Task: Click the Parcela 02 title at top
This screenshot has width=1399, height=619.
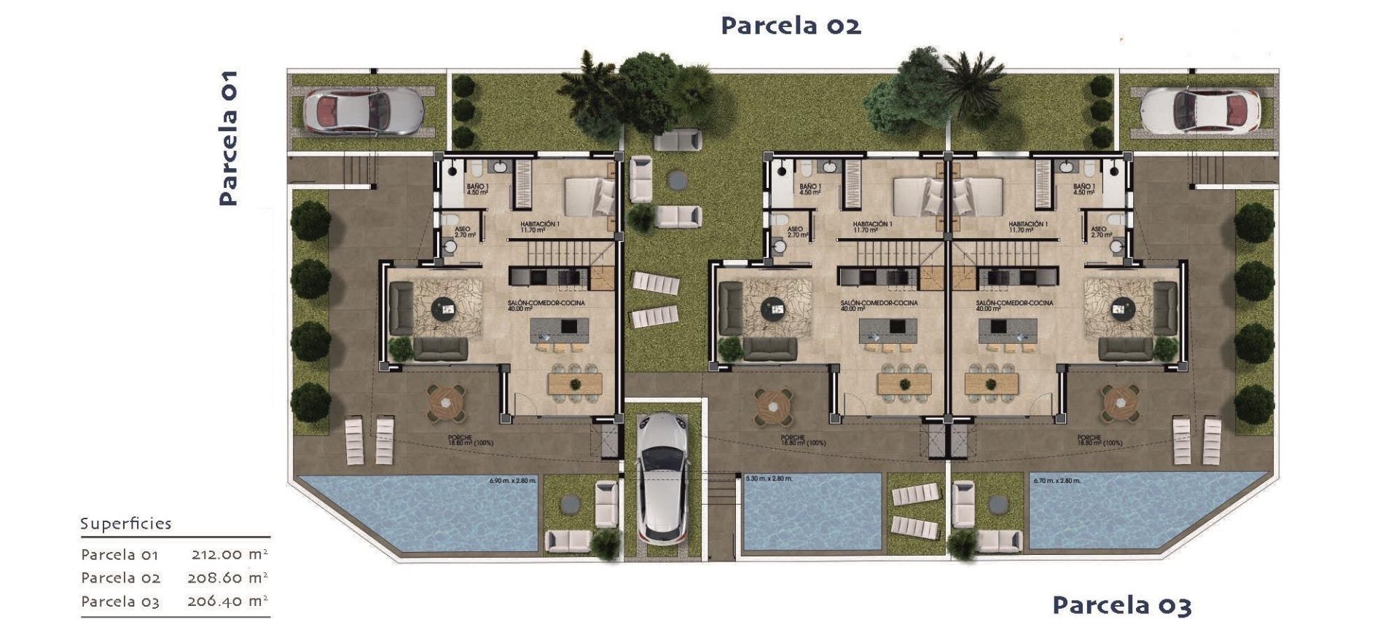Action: (x=791, y=26)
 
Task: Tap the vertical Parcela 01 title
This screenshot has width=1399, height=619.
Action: (x=228, y=138)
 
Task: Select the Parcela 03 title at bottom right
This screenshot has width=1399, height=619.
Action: (x=1121, y=605)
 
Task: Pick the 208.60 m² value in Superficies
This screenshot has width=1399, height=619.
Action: (x=227, y=577)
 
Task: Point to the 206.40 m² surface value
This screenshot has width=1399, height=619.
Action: (x=227, y=602)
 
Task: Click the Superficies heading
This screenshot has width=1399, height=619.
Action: (x=125, y=524)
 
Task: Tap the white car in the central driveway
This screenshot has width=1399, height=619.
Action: (x=662, y=478)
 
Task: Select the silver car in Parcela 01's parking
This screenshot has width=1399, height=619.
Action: (x=362, y=112)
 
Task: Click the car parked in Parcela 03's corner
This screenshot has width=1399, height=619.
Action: (x=1199, y=111)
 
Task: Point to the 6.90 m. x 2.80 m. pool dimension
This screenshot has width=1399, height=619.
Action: (x=512, y=481)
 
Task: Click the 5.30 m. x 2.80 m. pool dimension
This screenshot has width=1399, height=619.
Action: (x=769, y=478)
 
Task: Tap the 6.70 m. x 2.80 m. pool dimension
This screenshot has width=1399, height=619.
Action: (x=1057, y=481)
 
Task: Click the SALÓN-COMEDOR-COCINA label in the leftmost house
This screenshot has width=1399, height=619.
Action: (x=546, y=303)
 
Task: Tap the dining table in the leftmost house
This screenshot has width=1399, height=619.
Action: (x=575, y=384)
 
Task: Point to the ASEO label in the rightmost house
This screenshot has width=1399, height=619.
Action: (x=1100, y=232)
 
